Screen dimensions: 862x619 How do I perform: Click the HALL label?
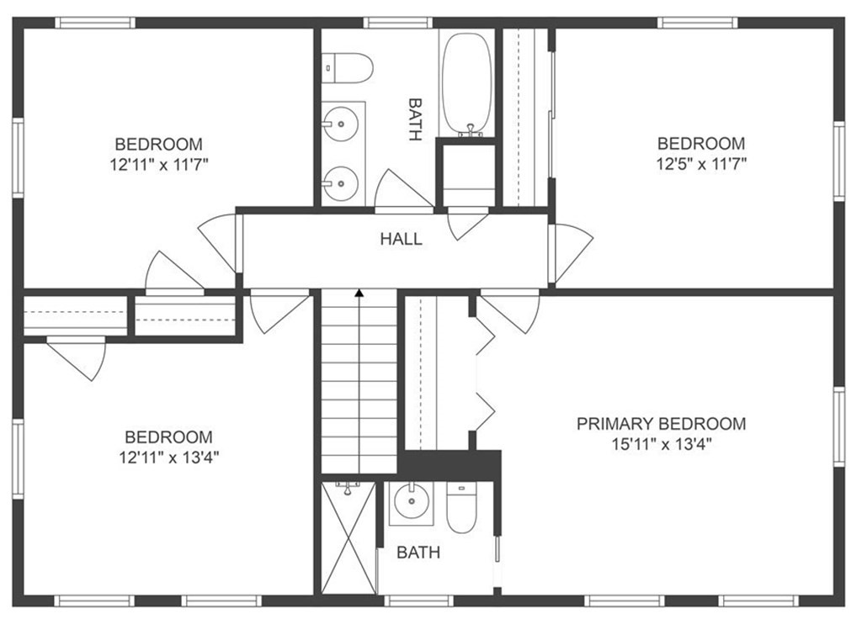[402, 239]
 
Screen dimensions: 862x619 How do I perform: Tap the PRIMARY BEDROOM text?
[662, 424]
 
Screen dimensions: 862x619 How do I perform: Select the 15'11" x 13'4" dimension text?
[662, 444]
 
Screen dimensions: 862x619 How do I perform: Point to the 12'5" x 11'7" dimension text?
[701, 164]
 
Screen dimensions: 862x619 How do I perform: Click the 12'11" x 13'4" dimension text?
[169, 457]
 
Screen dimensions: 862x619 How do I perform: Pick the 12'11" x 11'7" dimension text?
[159, 164]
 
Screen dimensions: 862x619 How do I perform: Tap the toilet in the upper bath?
[347, 68]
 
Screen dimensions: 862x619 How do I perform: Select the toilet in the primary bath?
[460, 507]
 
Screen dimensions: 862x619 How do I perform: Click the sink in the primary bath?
[411, 502]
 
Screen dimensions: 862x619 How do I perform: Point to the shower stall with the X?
[349, 537]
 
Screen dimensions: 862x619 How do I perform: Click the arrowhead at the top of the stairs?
[359, 294]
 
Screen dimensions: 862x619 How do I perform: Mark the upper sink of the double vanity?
[341, 124]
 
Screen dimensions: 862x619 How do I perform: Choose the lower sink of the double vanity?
[341, 183]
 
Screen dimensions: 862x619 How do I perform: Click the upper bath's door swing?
[403, 189]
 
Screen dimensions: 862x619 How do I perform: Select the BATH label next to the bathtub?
[415, 119]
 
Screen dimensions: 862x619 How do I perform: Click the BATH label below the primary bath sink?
[418, 553]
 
